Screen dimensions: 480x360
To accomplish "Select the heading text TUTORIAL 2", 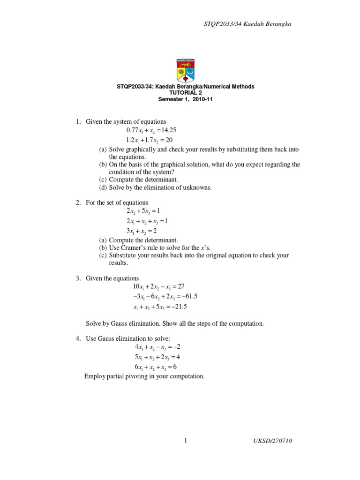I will [x=185, y=93].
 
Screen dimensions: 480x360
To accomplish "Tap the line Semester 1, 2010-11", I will [x=185, y=99].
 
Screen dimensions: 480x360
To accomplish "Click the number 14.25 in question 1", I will [x=168, y=130].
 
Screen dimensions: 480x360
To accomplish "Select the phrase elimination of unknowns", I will [x=180, y=187].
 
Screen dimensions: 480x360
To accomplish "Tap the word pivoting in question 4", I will [x=138, y=376].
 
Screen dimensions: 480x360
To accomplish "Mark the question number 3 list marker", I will [x=78, y=278].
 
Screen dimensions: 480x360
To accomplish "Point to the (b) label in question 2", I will [x=103, y=247].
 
